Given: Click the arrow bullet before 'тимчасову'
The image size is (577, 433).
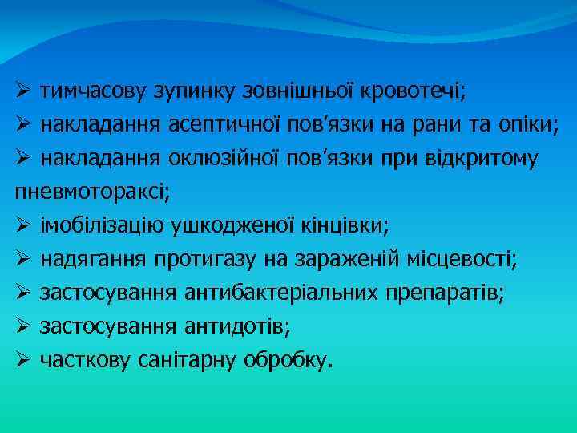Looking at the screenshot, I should click(24, 91).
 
